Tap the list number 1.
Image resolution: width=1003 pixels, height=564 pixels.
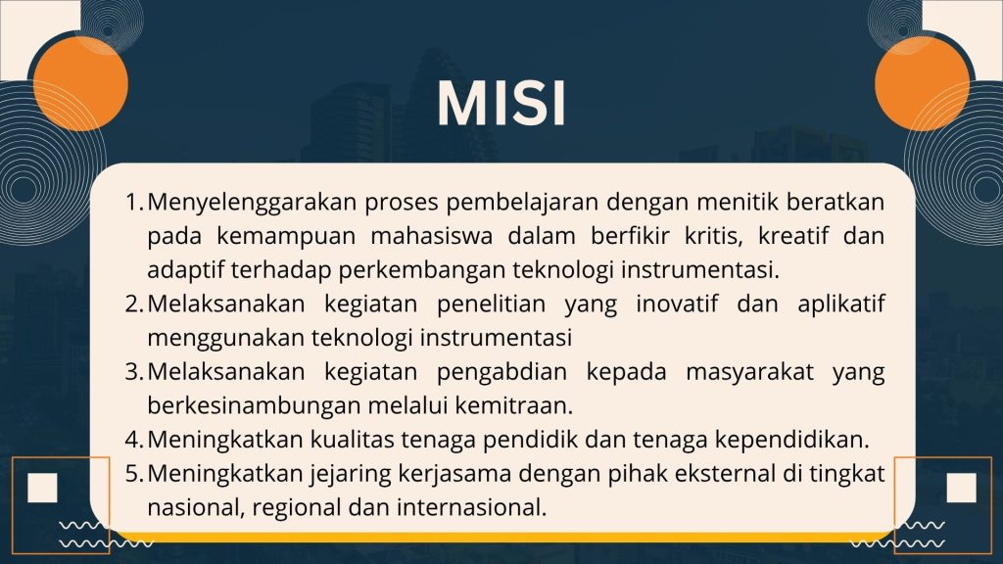(133, 202)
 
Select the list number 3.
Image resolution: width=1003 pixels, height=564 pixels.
(133, 371)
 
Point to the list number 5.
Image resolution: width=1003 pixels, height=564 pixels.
(133, 473)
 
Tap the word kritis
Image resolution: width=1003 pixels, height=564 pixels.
(714, 237)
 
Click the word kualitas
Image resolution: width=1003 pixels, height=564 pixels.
(352, 440)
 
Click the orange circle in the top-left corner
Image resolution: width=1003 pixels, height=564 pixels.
(80, 84)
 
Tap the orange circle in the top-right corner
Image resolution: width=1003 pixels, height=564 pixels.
(922, 84)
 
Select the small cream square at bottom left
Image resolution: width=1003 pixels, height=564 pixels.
(43, 488)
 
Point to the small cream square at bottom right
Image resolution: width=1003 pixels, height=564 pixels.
(962, 488)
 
